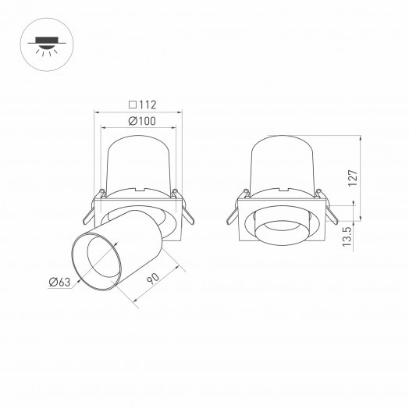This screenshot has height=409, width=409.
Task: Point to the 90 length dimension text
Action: (155, 278)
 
